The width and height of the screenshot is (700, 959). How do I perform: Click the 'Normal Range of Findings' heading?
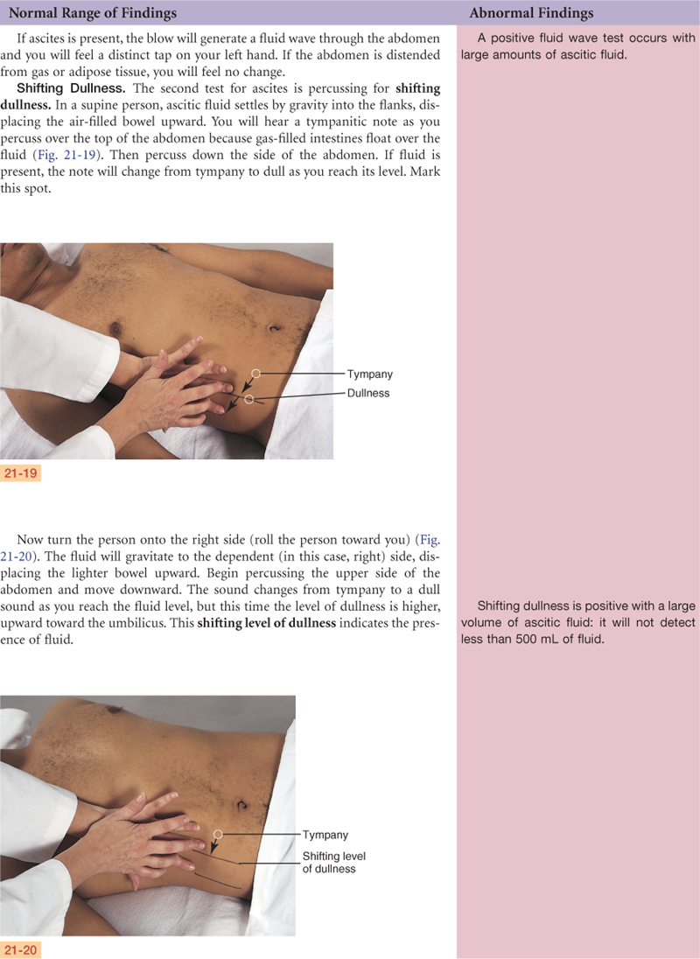(x=93, y=13)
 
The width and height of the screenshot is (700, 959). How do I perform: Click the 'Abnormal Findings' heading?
(x=531, y=13)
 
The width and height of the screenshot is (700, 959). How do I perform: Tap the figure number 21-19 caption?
(x=20, y=472)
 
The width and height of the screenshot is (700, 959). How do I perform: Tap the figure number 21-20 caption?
(x=20, y=950)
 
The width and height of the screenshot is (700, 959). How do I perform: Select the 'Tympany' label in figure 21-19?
(x=370, y=374)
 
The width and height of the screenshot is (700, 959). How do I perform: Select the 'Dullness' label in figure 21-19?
(x=368, y=393)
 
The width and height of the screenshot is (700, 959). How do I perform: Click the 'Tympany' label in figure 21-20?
(x=325, y=835)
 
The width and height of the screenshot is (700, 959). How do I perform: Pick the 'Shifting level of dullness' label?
(x=333, y=863)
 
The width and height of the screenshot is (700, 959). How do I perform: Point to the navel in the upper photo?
(x=275, y=329)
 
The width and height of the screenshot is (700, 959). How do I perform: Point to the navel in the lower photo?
(x=242, y=803)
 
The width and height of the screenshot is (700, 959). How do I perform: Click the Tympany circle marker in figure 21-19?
(x=256, y=373)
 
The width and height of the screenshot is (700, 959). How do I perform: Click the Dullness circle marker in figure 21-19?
(x=248, y=399)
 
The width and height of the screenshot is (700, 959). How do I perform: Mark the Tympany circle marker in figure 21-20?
(x=218, y=834)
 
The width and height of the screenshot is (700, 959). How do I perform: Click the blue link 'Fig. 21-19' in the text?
(x=67, y=155)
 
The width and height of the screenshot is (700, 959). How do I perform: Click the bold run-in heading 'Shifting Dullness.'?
(x=71, y=88)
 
